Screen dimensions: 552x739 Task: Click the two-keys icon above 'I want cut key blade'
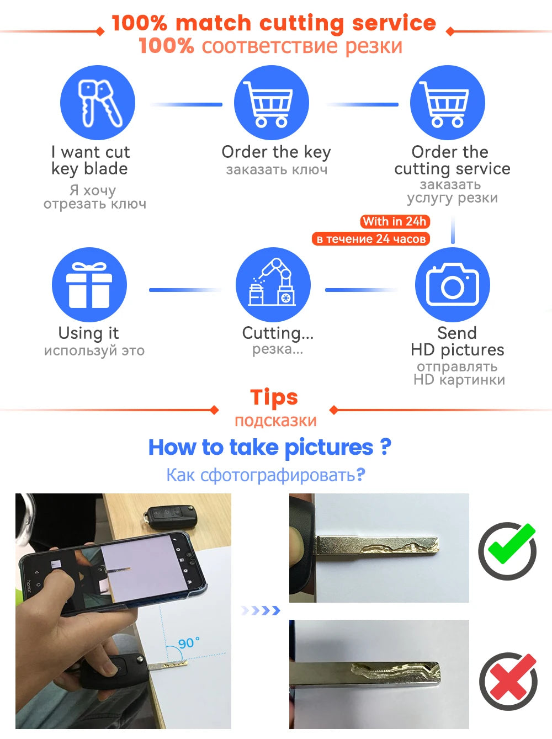pos(98,103)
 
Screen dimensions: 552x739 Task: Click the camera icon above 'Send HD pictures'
pos(453,285)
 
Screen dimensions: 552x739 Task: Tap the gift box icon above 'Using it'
pos(89,285)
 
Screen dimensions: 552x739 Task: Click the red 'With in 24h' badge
pos(395,221)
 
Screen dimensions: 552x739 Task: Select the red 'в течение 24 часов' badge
pos(371,239)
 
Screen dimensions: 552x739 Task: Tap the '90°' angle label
pos(188,643)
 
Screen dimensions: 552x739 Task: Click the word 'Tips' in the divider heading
pos(274,397)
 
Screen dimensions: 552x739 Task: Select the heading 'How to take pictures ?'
pos(270,448)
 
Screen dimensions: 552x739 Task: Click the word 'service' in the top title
pos(394,23)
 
